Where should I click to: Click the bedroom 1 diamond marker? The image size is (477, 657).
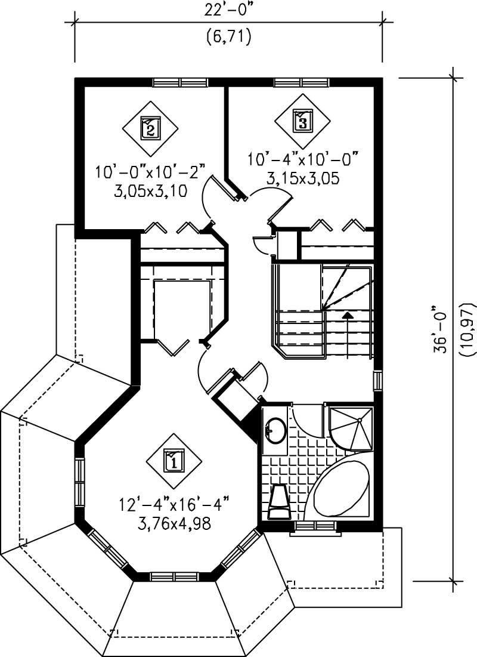click(174, 461)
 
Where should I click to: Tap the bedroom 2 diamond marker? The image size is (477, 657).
click(150, 127)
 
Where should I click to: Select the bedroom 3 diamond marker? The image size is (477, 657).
click(303, 122)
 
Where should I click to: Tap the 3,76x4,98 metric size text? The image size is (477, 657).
click(174, 525)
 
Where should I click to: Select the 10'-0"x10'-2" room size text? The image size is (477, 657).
click(150, 172)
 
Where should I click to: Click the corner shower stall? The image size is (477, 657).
click(352, 427)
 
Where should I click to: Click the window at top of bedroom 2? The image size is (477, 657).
click(180, 82)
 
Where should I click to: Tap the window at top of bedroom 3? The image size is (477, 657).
click(301, 82)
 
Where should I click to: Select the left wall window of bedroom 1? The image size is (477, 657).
click(79, 482)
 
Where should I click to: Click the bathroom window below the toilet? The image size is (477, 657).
click(314, 526)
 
